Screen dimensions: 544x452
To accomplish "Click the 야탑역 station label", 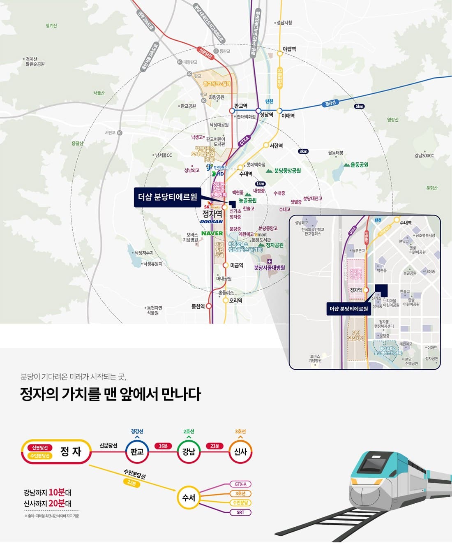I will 289,49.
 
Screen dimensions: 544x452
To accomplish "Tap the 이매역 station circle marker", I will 279,111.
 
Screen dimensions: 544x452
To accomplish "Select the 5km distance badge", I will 359,106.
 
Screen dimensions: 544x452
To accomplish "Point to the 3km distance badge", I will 303,151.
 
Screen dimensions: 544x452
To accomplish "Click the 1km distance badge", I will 260,184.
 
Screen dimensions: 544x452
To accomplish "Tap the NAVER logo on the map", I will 212,233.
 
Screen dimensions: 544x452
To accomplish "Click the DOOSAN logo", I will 211,222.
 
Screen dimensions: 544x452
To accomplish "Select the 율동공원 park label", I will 359,165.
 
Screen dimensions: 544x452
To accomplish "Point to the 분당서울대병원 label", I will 269,268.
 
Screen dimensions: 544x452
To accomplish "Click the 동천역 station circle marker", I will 209,306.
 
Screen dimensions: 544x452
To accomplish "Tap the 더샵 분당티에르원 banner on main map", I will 167,197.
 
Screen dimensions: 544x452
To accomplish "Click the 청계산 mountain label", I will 51,26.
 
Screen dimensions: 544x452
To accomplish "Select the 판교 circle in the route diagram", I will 137,451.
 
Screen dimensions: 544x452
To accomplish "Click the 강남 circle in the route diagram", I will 189,451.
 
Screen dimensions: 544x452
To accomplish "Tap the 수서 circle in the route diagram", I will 189,498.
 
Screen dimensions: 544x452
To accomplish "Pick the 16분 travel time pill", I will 163,446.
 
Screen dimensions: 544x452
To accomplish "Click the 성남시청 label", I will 284,23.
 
